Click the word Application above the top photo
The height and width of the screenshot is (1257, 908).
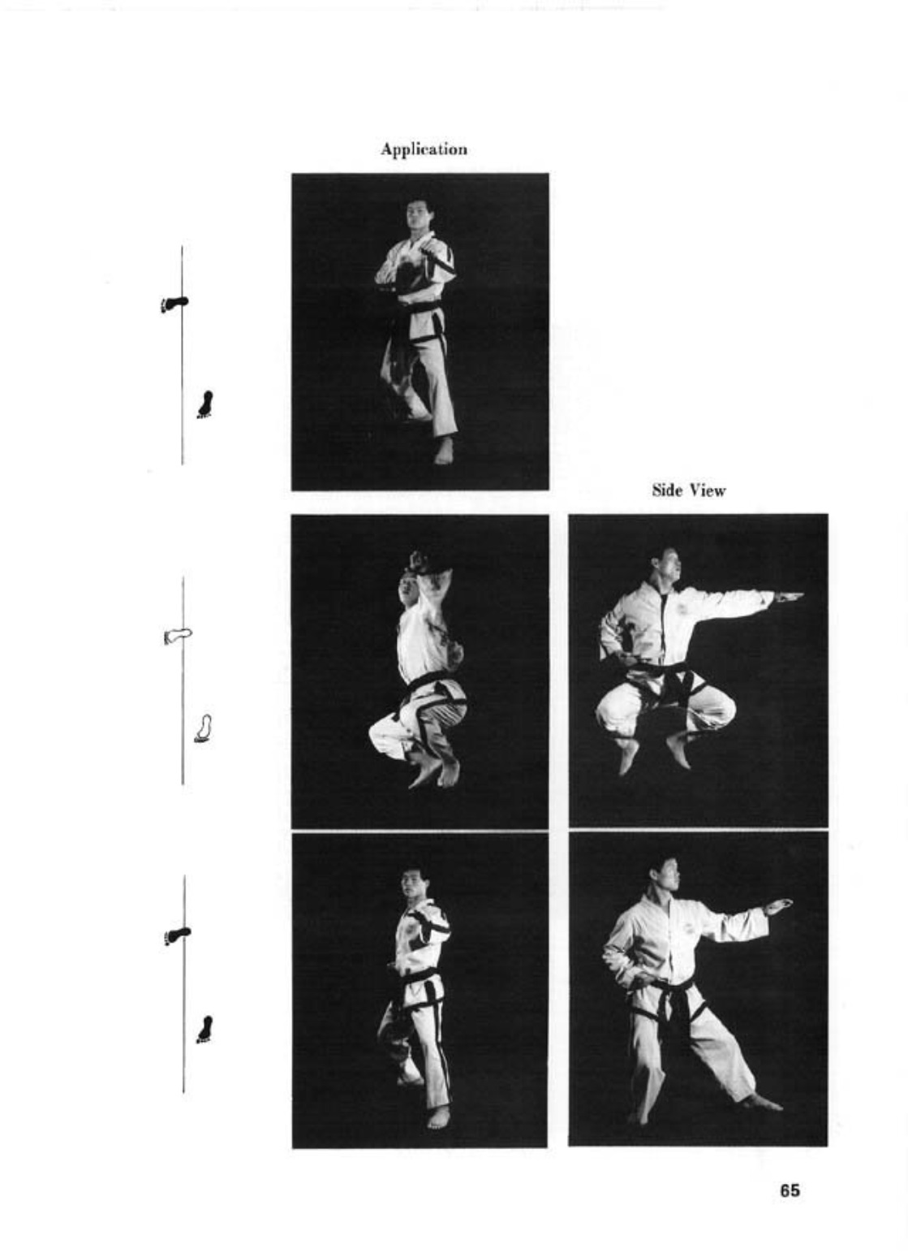(424, 150)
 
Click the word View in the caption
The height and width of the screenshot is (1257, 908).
(708, 490)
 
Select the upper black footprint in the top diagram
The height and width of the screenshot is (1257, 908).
(174, 304)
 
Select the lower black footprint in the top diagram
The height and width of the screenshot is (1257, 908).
(205, 404)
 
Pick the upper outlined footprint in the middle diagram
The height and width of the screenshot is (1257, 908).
(178, 636)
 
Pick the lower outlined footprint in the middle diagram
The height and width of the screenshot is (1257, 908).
(204, 728)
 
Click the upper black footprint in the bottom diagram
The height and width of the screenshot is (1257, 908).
(177, 935)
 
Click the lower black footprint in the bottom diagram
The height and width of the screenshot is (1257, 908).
(205, 1030)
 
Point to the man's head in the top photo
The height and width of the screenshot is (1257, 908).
(419, 215)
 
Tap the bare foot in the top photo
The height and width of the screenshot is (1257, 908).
(443, 451)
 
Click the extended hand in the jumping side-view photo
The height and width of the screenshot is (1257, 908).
(788, 598)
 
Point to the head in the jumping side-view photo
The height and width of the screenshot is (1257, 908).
(667, 565)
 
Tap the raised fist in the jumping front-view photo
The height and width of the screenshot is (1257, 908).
(424, 562)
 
